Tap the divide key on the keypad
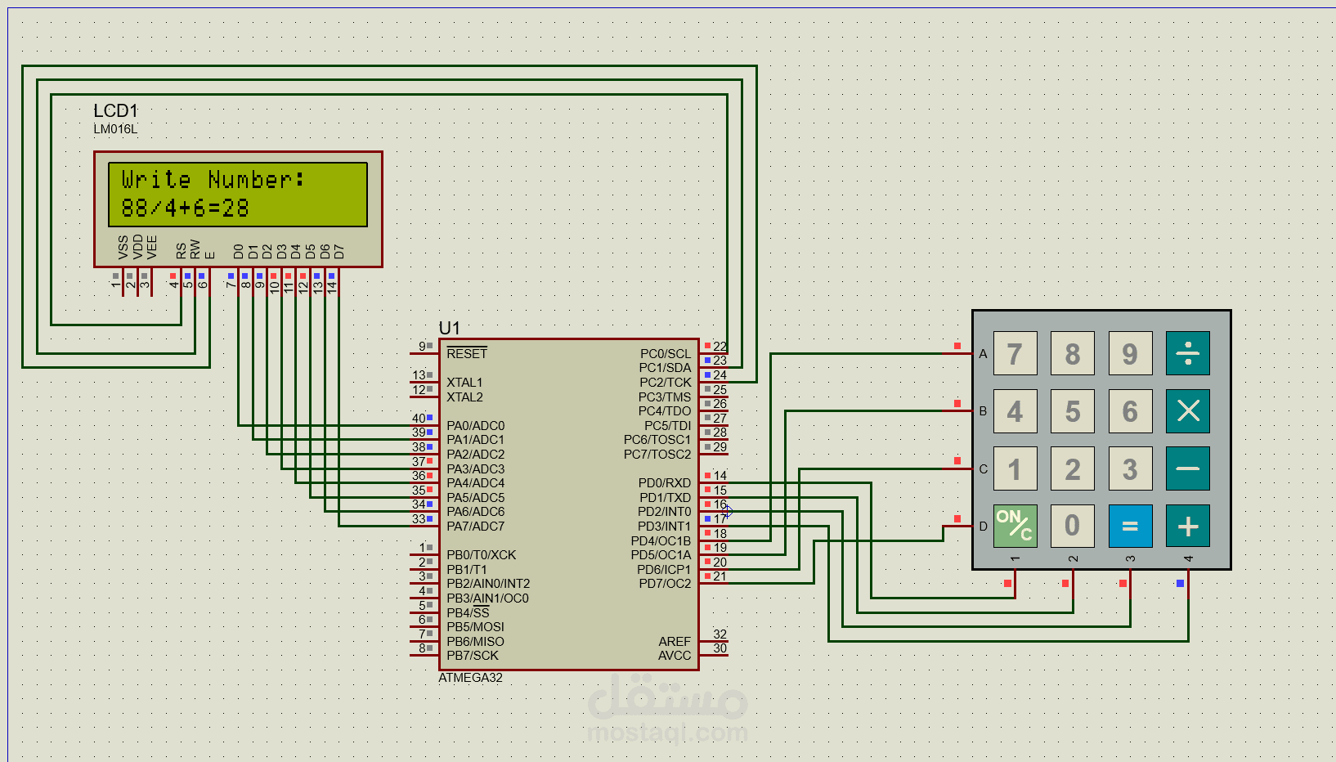(x=1187, y=353)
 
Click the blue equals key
(x=1130, y=526)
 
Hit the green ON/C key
(x=1015, y=526)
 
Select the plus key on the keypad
(x=1187, y=526)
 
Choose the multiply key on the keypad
(x=1187, y=410)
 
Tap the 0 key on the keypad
(x=1073, y=526)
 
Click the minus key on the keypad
(x=1187, y=468)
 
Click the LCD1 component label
(x=116, y=111)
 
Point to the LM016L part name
(x=115, y=129)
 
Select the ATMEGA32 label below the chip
(x=471, y=678)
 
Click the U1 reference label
(x=449, y=328)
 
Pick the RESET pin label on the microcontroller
(x=467, y=353)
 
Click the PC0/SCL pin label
(x=665, y=353)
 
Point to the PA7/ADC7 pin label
(x=475, y=527)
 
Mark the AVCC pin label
(x=674, y=656)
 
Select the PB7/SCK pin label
(x=473, y=656)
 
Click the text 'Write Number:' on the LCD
(x=213, y=180)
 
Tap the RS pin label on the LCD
(x=182, y=251)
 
